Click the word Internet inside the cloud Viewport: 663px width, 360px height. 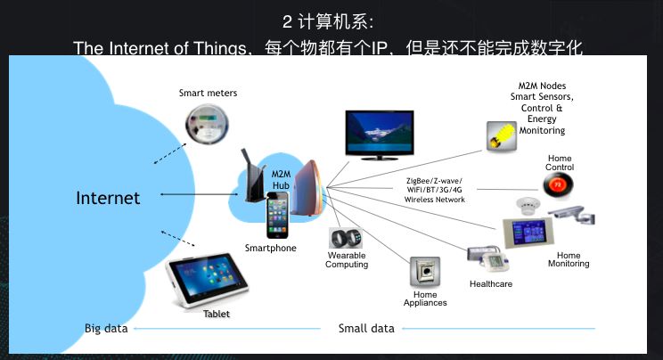point(108,198)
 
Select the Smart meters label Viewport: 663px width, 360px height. point(208,93)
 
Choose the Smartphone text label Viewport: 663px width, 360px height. point(270,248)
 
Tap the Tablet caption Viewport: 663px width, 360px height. point(217,314)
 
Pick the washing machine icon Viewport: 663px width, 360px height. point(425,272)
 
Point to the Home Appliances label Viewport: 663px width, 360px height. point(425,298)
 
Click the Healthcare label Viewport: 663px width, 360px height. point(491,283)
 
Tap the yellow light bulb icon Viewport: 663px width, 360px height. point(502,135)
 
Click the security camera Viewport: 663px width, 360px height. point(570,213)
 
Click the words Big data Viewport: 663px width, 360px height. point(106,328)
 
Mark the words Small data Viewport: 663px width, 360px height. point(366,328)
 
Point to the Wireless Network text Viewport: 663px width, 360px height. point(435,199)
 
